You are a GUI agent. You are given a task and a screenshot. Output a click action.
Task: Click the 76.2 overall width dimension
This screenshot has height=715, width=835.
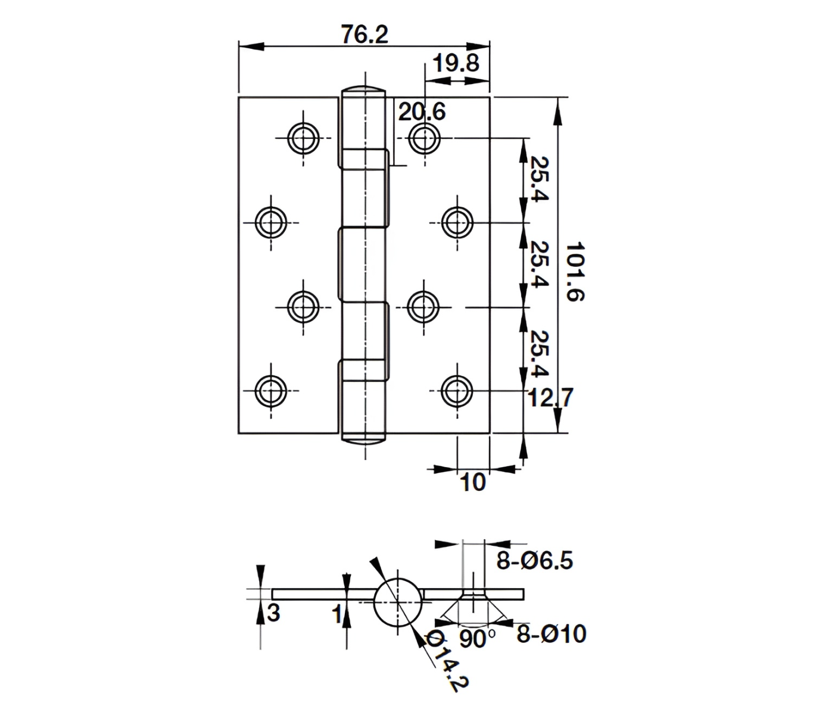[364, 35]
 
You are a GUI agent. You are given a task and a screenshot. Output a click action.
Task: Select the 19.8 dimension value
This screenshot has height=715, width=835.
[456, 63]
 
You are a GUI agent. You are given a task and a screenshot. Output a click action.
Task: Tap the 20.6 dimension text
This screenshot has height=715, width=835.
[422, 111]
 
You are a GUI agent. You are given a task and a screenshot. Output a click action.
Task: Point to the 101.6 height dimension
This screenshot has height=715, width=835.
[575, 272]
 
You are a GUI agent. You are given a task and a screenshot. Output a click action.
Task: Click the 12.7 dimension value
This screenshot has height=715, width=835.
[550, 397]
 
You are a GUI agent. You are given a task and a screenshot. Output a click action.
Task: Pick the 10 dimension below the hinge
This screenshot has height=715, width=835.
[473, 482]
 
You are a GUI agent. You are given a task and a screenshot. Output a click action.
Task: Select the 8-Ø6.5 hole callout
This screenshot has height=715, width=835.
[534, 561]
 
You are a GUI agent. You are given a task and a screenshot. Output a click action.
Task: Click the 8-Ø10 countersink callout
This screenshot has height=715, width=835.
[551, 634]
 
